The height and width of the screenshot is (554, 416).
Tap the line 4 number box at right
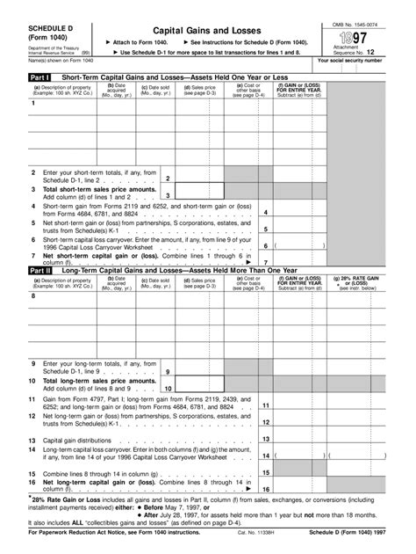265,212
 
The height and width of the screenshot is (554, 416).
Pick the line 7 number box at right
265,261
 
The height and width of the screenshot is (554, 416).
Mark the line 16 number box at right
265,489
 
